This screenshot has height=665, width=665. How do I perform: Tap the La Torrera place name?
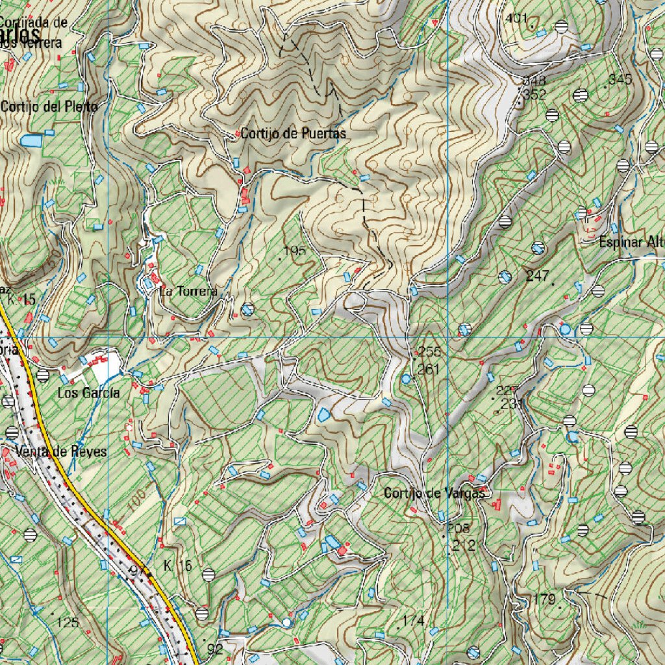pyautogui.click(x=188, y=292)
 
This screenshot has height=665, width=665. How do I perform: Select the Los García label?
pyautogui.click(x=89, y=393)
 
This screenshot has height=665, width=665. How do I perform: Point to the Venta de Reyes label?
pyautogui.click(x=62, y=451)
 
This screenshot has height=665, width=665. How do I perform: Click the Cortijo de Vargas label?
pyautogui.click(x=434, y=494)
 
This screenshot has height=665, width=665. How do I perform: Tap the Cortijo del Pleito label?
pyautogui.click(x=49, y=106)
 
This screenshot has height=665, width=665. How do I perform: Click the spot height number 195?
pyautogui.click(x=295, y=251)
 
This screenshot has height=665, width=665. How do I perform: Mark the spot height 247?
pyautogui.click(x=538, y=276)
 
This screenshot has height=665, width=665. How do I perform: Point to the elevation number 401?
pyautogui.click(x=516, y=19)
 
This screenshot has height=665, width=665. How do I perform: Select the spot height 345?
pyautogui.click(x=621, y=80)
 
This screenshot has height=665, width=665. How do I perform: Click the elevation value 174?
pyautogui.click(x=413, y=621)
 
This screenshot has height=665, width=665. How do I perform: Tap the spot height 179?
pyautogui.click(x=544, y=599)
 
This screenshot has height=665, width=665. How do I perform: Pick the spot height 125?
pyautogui.click(x=68, y=623)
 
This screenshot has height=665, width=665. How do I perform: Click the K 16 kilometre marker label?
pyautogui.click(x=178, y=566)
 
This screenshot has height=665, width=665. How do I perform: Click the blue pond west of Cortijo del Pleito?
pyautogui.click(x=30, y=140)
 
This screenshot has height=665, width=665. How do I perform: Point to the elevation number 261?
pyautogui.click(x=429, y=370)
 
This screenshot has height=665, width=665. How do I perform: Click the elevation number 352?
pyautogui.click(x=535, y=94)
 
